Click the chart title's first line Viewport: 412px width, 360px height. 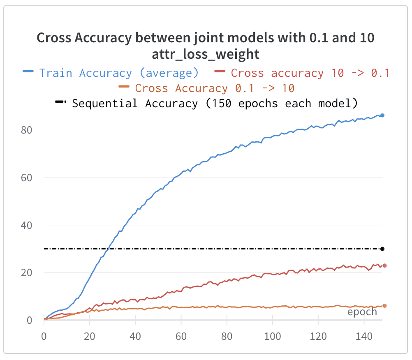[x=206, y=38]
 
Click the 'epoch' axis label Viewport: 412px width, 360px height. [x=362, y=312]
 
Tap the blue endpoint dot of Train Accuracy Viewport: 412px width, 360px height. [x=382, y=115]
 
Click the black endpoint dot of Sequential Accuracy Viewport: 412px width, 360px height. [x=382, y=249]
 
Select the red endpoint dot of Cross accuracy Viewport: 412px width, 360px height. [x=384, y=265]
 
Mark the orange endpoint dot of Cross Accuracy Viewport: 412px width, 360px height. [x=384, y=305]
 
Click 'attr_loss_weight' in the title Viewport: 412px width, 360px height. [x=206, y=54]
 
